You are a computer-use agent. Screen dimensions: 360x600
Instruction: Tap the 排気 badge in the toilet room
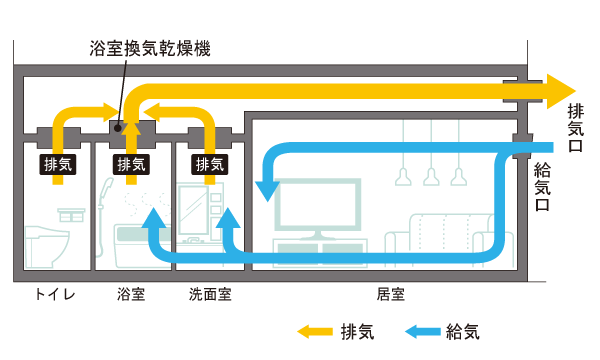[x=58, y=164]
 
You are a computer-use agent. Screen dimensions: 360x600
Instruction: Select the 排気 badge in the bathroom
[x=131, y=164]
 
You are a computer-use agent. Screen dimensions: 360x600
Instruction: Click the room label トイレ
[x=56, y=295]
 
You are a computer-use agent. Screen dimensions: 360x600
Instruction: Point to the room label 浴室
[x=131, y=295]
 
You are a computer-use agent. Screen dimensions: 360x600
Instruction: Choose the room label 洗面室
[x=210, y=295]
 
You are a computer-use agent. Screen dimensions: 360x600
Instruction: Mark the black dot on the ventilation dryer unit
[x=118, y=127]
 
